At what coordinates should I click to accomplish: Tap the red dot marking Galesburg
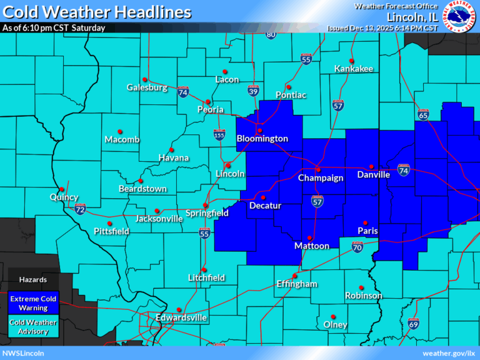pyautogui.click(x=144, y=79)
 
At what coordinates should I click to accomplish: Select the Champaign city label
pyautogui.click(x=320, y=178)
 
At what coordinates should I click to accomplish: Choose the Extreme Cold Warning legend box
pyautogui.click(x=33, y=303)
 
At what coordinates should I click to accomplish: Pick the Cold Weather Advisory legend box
pyautogui.click(x=33, y=327)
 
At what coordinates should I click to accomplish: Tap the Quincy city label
pyautogui.click(x=64, y=197)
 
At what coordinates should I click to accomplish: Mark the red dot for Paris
pyautogui.click(x=364, y=222)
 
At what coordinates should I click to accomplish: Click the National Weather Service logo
pyautogui.click(x=460, y=16)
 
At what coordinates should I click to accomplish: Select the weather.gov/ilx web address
pyautogui.click(x=449, y=354)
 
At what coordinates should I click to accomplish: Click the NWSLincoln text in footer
pyautogui.click(x=23, y=354)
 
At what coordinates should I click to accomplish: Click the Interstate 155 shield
pyautogui.click(x=219, y=134)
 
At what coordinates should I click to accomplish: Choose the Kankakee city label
pyautogui.click(x=353, y=68)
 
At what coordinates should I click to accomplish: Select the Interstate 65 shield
pyautogui.click(x=422, y=115)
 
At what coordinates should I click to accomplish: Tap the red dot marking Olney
pyautogui.click(x=332, y=316)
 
